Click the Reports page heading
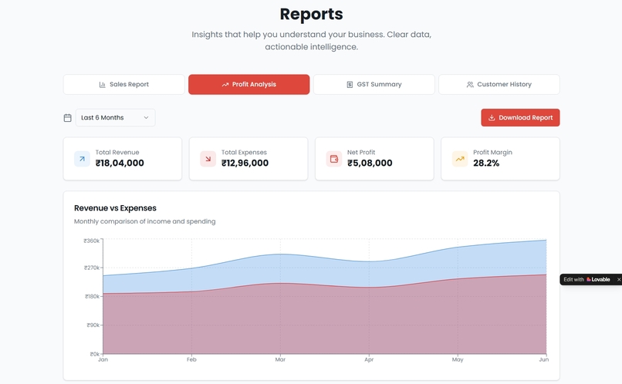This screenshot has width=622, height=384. [x=311, y=14]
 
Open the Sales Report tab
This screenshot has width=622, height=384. [x=124, y=84]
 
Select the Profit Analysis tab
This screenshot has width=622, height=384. [x=248, y=84]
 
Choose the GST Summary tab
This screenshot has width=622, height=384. [x=374, y=84]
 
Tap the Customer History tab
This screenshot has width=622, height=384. [x=499, y=84]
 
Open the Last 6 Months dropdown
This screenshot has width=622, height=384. [x=115, y=118]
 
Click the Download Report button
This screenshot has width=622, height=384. [x=520, y=118]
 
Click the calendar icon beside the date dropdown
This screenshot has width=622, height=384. [x=68, y=118]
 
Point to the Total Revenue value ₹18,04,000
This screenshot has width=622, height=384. [x=120, y=163]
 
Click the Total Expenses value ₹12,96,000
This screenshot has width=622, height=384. [x=245, y=163]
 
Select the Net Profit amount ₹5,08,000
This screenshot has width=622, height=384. [x=370, y=163]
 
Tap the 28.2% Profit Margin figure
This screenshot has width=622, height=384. [x=486, y=163]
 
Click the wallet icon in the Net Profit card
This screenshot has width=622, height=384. [x=334, y=159]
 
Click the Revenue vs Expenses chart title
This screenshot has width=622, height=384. [x=115, y=208]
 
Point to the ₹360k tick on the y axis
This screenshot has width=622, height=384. [x=92, y=241]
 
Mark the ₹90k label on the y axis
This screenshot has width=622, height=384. [x=93, y=325]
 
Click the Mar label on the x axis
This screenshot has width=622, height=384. [x=280, y=360]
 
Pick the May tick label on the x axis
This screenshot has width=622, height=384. [x=458, y=360]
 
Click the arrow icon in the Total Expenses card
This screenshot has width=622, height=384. [x=208, y=159]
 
